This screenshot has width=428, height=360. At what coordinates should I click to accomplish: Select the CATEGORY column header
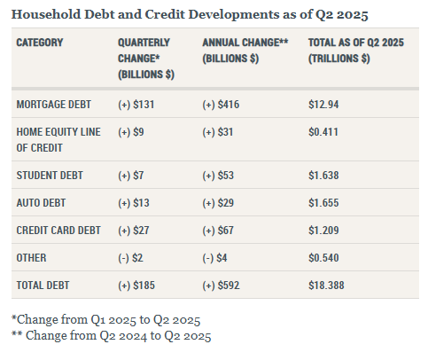[x=45, y=43]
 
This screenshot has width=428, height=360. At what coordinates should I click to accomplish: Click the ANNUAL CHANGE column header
[x=245, y=50]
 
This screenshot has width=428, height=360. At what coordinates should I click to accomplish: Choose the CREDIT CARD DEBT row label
[x=59, y=231]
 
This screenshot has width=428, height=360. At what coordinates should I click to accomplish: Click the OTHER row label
[x=32, y=259]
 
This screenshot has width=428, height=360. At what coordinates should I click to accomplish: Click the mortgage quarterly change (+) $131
[x=136, y=105]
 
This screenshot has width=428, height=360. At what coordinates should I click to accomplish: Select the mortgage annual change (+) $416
[x=222, y=105]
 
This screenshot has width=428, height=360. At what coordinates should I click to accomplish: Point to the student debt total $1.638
[x=323, y=175]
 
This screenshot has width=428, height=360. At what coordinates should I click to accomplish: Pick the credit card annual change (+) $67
[x=219, y=231]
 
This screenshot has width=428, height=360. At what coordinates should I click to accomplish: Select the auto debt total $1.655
[x=323, y=202]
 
